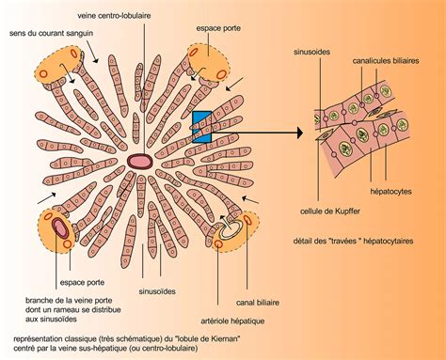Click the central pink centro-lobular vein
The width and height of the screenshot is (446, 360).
(140, 161)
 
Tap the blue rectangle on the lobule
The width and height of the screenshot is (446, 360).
(201, 127)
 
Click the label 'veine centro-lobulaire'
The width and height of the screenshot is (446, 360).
(114, 16)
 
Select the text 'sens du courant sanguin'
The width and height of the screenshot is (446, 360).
(51, 33)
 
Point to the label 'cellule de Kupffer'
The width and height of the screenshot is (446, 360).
(330, 211)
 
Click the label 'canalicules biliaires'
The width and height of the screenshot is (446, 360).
(386, 61)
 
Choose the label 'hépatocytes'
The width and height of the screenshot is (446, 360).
(390, 191)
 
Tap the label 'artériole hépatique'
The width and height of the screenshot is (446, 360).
(232, 321)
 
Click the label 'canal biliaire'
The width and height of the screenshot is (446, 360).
(258, 303)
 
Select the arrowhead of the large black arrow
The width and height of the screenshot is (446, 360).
(300, 133)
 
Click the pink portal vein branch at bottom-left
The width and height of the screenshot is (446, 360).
(59, 227)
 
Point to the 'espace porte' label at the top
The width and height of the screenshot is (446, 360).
(218, 28)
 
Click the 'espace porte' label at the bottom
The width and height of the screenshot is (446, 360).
(82, 282)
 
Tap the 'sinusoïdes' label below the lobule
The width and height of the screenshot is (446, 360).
(157, 291)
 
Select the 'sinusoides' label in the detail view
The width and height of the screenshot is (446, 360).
(311, 52)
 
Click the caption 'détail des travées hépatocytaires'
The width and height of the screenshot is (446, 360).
(353, 241)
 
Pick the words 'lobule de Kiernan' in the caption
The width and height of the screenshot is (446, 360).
(209, 338)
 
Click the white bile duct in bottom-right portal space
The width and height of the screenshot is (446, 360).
(231, 229)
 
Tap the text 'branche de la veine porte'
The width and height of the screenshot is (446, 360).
(69, 301)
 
